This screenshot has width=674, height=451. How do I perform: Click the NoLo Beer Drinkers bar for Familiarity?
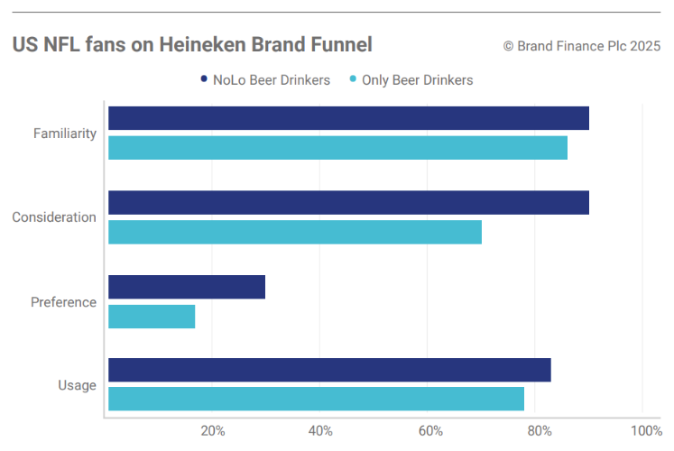point(348,118)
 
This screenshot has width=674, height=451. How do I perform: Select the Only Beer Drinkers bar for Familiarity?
point(337,148)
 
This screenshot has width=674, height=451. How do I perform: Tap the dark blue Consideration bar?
point(348,203)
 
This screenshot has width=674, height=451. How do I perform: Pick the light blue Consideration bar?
point(295,232)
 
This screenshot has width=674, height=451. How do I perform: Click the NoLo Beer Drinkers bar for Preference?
point(187,287)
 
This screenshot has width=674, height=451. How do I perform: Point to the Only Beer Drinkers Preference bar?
point(152,317)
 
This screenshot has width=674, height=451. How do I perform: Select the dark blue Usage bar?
point(329,370)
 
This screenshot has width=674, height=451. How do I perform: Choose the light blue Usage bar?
point(316,399)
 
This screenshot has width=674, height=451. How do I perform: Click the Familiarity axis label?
point(65,133)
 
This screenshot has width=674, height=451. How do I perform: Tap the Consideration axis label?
point(54,217)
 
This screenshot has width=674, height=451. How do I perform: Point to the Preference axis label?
point(63,302)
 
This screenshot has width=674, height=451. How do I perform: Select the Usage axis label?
point(77,385)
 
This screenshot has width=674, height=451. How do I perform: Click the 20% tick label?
point(212,430)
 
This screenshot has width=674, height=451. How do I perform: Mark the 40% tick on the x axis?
point(320,430)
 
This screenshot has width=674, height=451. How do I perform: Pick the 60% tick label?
point(429,430)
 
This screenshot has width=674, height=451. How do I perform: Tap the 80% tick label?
point(538,430)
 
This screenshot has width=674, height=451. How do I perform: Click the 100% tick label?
point(645,430)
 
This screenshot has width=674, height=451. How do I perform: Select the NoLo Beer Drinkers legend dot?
point(204,79)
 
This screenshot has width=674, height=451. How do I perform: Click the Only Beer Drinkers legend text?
point(417,79)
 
